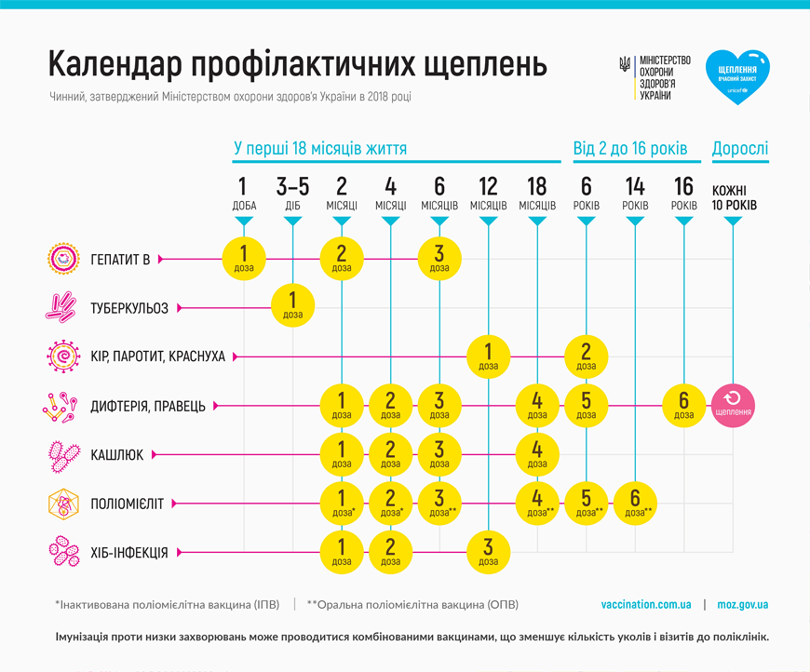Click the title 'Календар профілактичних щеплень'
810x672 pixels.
point(297,64)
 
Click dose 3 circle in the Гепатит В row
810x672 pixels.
point(439,258)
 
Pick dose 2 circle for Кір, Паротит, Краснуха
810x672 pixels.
point(587,356)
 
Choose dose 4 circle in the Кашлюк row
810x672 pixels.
point(537,453)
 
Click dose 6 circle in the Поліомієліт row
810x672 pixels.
point(636,503)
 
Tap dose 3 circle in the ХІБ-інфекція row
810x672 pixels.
point(489,552)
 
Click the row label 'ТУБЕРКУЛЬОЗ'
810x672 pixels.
point(129,307)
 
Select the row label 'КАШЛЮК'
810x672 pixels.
point(115,454)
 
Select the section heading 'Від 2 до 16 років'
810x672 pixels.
point(629,148)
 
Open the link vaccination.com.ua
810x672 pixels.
point(646,604)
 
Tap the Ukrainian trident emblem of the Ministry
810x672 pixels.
point(624,65)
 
